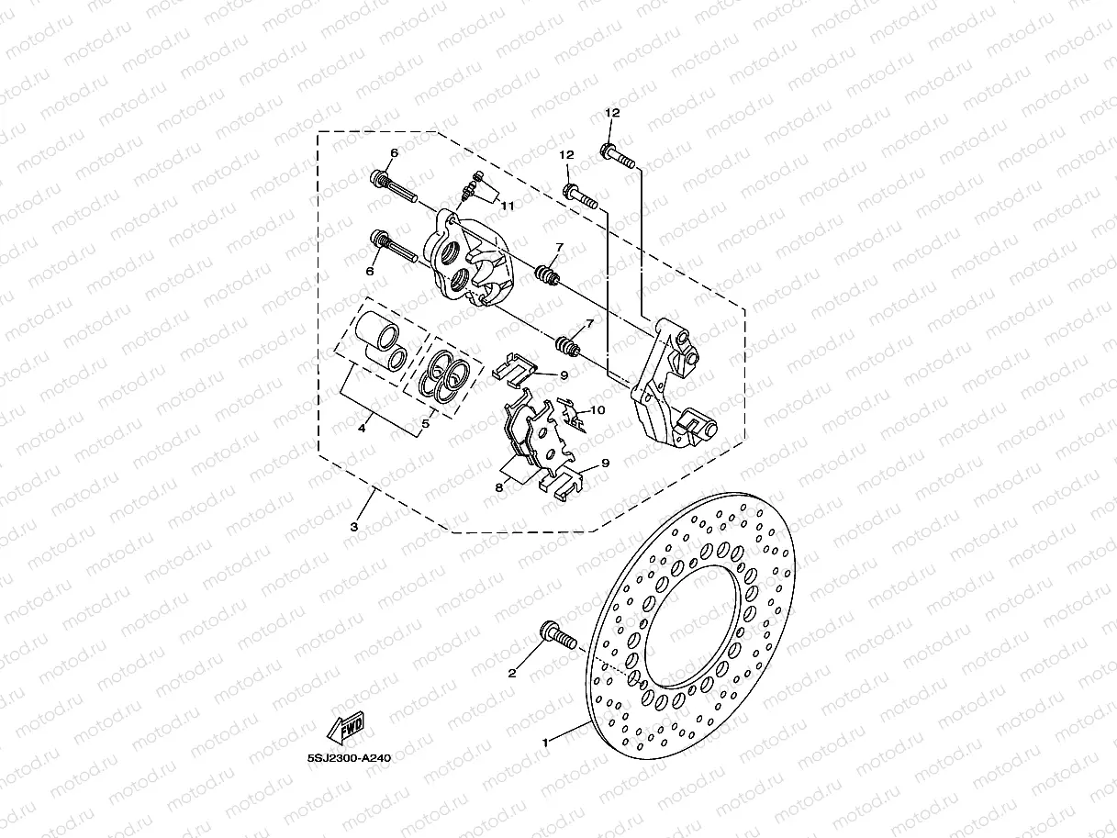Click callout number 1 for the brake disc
pos(545,741)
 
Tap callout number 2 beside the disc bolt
pos(512,673)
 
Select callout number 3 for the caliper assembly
pos(354,527)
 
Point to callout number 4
pos(363,428)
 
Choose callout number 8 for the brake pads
pos(499,487)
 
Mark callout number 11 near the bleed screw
pos(507,205)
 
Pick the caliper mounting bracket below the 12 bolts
pos(667,385)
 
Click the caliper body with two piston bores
pos(469,261)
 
